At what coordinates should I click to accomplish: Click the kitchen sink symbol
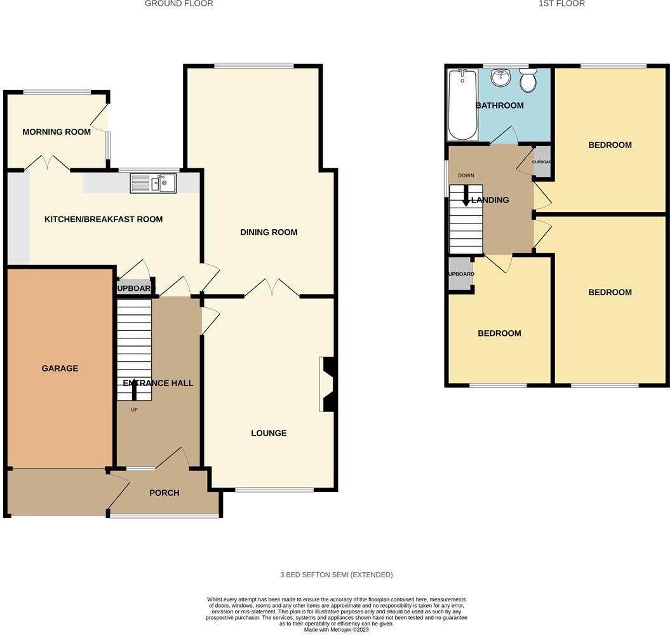[x=153, y=184]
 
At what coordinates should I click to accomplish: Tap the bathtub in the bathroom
[x=462, y=105]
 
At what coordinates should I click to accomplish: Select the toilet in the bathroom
[x=527, y=81]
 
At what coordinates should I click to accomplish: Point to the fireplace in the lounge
[x=329, y=385]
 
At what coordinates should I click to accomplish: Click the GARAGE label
[x=60, y=368]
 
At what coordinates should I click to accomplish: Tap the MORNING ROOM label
[x=56, y=132]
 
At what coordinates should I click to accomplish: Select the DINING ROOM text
[x=269, y=232]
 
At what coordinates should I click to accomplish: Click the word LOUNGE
[x=269, y=433]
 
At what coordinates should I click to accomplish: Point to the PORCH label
[x=164, y=493]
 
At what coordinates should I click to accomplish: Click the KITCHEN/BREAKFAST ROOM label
[x=104, y=220]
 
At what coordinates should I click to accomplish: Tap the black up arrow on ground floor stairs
[x=134, y=387]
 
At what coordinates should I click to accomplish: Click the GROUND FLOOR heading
[x=178, y=4]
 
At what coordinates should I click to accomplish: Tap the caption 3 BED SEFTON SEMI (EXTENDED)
[x=337, y=575]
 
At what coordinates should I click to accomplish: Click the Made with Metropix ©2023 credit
[x=336, y=629]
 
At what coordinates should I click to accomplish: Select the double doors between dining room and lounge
[x=272, y=290]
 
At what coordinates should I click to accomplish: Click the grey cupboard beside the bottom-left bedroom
[x=460, y=274]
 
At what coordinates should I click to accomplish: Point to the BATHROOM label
[x=500, y=105]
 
